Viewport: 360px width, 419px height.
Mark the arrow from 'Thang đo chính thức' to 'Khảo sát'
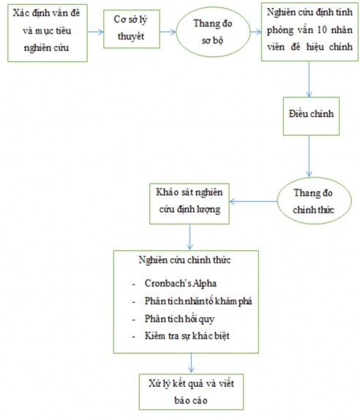pos(254,197)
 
